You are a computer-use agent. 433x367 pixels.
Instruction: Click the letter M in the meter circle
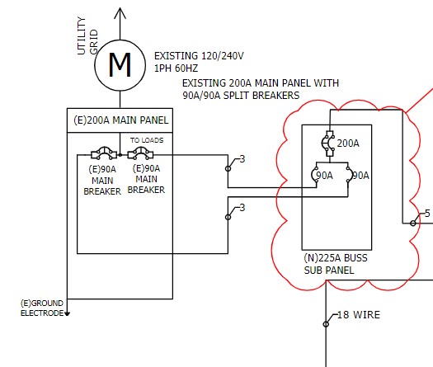coord(120,65)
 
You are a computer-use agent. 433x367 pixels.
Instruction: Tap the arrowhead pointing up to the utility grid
coord(120,13)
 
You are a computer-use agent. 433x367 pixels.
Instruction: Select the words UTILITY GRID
coord(87,36)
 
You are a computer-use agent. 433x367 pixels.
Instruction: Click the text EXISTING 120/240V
coord(199,56)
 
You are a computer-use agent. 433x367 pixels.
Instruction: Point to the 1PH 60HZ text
coord(176,68)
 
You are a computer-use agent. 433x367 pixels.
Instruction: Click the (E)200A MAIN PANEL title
coord(121,120)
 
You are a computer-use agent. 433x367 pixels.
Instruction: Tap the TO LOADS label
coord(147,140)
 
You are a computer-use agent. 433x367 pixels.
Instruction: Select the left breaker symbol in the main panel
coord(104,153)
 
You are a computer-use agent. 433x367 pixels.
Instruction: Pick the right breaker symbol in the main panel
coord(140,153)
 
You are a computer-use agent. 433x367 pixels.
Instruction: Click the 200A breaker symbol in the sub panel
coord(328,144)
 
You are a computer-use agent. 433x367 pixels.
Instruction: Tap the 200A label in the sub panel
coord(348,144)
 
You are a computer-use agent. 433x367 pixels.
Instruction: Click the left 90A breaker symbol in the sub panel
coord(314,175)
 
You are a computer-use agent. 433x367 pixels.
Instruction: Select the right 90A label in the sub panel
coord(361,176)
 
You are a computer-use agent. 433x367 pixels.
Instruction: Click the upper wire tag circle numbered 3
coord(228,168)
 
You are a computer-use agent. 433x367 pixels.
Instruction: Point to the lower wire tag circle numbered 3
coord(228,217)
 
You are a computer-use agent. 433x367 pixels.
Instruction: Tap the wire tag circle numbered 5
coord(413,223)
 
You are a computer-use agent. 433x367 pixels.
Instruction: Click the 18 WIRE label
coord(359,315)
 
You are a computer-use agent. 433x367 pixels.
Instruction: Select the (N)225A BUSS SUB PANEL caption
coord(336,264)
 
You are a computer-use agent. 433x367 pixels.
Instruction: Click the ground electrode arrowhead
coord(67,313)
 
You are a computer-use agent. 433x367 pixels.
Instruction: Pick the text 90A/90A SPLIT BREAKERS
coord(241,96)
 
